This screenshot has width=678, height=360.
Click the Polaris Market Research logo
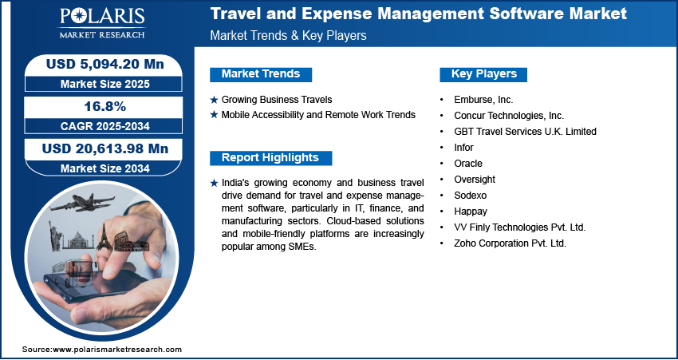pyautogui.click(x=102, y=22)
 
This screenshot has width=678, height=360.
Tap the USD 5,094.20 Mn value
pyautogui.click(x=105, y=65)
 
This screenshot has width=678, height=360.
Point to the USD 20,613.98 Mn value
pyautogui.click(x=104, y=148)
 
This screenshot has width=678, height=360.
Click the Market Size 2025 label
pyautogui.click(x=105, y=84)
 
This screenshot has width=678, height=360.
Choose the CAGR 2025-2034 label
pyautogui.click(x=105, y=126)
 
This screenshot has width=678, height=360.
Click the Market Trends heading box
pyautogui.click(x=261, y=74)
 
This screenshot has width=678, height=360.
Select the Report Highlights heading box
pyautogui.click(x=270, y=158)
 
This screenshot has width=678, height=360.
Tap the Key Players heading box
pyautogui.click(x=483, y=74)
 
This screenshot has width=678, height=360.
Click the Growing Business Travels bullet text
pyautogui.click(x=277, y=100)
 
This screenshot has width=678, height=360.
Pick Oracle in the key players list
pyautogui.click(x=468, y=163)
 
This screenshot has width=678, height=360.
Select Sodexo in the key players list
pyautogui.click(x=470, y=195)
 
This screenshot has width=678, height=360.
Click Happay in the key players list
pyautogui.click(x=471, y=212)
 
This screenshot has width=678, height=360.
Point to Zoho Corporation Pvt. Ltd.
pyautogui.click(x=510, y=243)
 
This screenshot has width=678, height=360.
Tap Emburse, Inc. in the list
pyautogui.click(x=483, y=100)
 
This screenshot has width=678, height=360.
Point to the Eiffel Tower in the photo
pyautogui.click(x=104, y=237)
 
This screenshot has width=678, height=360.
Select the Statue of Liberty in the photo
pyautogui.click(x=55, y=235)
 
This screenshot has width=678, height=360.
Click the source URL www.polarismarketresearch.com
pyautogui.click(x=117, y=349)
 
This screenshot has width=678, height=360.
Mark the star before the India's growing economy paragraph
pyautogui.click(x=214, y=183)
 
